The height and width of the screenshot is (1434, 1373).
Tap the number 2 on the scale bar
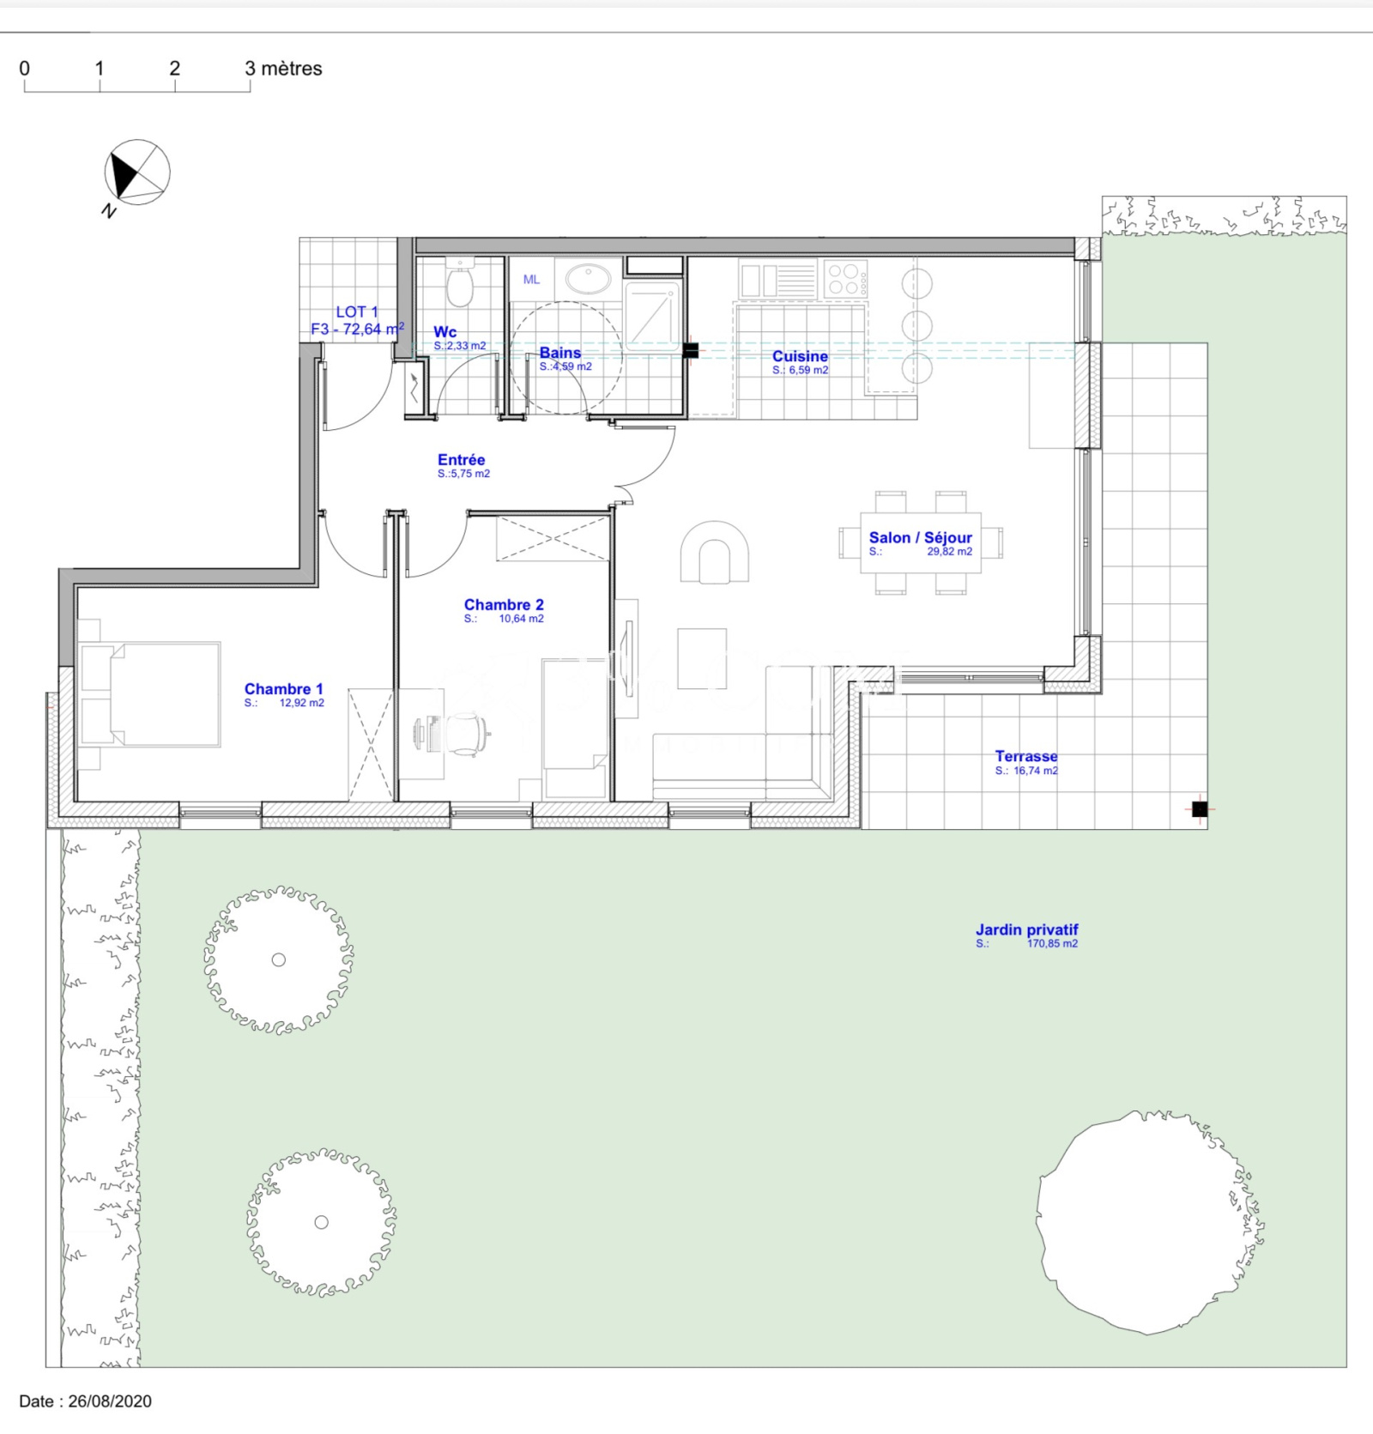(175, 69)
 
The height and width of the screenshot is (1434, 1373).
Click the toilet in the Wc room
(460, 284)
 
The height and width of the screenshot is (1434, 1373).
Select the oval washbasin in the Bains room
(588, 278)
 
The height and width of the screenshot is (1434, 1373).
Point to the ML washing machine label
(531, 280)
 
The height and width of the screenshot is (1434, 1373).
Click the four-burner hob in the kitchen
(845, 279)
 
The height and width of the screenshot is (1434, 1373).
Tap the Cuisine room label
(800, 356)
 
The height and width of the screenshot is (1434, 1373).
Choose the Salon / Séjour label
(920, 538)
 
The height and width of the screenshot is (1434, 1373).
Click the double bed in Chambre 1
(150, 694)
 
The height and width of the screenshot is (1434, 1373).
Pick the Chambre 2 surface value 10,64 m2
(521, 619)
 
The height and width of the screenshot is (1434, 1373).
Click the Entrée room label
(461, 460)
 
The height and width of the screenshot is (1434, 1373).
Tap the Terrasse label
(1026, 756)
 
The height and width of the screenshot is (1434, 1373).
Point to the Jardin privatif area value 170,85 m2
(1052, 944)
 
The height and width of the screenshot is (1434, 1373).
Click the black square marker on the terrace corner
(1200, 808)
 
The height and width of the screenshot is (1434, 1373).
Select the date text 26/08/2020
(110, 1401)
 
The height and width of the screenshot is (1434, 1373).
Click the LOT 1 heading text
(357, 312)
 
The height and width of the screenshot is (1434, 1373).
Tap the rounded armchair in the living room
(714, 553)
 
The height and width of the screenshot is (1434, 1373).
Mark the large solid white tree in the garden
(1150, 1222)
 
